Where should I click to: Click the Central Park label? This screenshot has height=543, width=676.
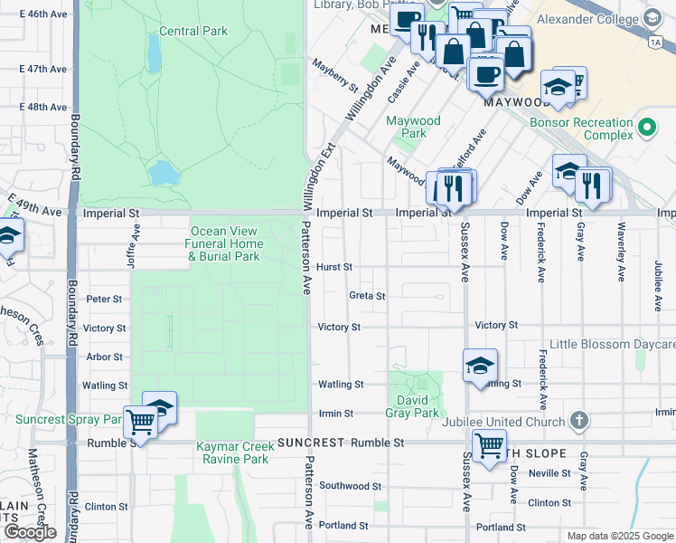pyautogui.click(x=192, y=31)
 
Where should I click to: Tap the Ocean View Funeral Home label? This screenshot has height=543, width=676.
pyautogui.click(x=225, y=243)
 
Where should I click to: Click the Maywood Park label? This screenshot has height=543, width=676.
pyautogui.click(x=413, y=127)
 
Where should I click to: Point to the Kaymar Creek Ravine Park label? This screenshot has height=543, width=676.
pyautogui.click(x=232, y=452)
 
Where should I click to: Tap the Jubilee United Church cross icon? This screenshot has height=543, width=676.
pyautogui.click(x=579, y=421)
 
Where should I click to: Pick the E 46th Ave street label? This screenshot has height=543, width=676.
pyautogui.click(x=42, y=14)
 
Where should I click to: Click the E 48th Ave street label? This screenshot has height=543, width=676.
pyautogui.click(x=42, y=107)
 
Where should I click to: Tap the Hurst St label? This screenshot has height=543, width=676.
pyautogui.click(x=334, y=267)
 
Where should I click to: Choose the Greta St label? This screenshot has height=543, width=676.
pyautogui.click(x=367, y=296)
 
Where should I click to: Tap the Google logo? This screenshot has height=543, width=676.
pyautogui.click(x=30, y=532)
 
